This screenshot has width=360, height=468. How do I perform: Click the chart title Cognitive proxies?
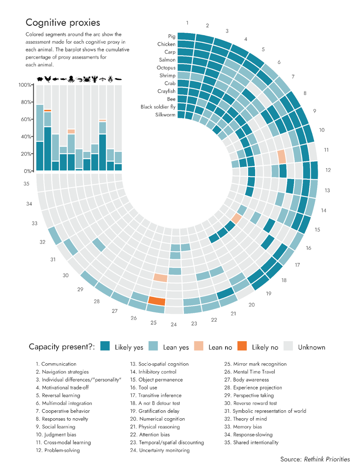(x=63, y=23)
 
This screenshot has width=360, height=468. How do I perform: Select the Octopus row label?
(x=166, y=68)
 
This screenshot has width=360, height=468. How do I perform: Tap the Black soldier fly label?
(x=158, y=107)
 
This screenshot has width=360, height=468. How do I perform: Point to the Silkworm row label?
(x=165, y=115)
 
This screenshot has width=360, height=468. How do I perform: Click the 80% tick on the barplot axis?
(x=26, y=102)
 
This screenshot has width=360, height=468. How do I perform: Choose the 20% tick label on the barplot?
(x=26, y=154)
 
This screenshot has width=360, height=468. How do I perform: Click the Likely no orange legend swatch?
(x=242, y=346)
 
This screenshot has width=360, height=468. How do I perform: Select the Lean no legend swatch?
(x=198, y=346)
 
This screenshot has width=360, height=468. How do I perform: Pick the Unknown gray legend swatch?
(x=288, y=346)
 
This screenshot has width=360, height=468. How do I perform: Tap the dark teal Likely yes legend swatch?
(x=105, y=346)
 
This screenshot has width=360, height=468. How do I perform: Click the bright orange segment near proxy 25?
(x=157, y=300)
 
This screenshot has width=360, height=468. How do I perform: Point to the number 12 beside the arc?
(x=328, y=170)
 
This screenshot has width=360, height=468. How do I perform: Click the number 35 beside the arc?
(x=26, y=184)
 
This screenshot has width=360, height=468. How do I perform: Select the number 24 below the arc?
(x=174, y=324)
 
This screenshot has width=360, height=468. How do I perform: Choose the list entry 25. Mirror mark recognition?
(x=255, y=364)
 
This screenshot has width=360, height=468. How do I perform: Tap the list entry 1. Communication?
(x=56, y=364)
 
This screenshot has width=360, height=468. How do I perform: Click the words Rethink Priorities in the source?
(x=327, y=459)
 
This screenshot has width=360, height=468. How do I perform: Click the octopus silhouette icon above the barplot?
(x=71, y=79)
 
